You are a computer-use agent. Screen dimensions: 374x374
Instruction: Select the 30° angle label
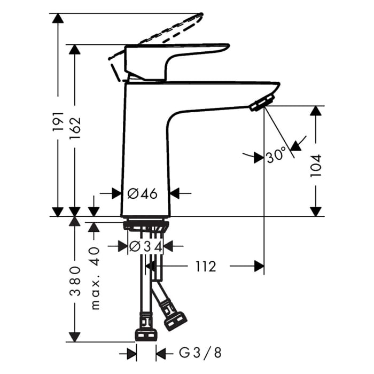pyautogui.click(x=276, y=157)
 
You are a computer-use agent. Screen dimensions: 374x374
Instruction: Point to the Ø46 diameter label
pyautogui.click(x=144, y=193)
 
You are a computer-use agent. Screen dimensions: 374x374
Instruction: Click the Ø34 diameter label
pyautogui.click(x=145, y=246)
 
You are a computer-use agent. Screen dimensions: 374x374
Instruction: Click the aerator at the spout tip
pyautogui.click(x=261, y=102)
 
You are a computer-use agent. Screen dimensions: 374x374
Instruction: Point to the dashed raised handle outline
pyautogui.click(x=171, y=32)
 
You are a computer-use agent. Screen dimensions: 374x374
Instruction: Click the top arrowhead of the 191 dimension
pyautogui.click(x=58, y=19)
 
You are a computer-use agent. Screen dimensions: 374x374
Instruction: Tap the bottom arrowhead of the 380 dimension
pyautogui.click(x=75, y=337)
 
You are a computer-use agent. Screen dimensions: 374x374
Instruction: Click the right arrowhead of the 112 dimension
pyautogui.click(x=259, y=266)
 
